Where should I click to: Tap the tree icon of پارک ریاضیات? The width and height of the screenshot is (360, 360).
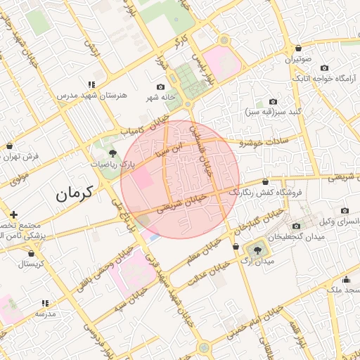click(x=112, y=153)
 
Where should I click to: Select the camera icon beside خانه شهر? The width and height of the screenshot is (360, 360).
click(x=160, y=86)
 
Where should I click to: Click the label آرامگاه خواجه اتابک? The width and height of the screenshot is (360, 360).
click(x=326, y=78)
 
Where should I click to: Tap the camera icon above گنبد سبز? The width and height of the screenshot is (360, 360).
click(x=273, y=101)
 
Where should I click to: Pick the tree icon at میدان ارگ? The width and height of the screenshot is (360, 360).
click(x=255, y=249)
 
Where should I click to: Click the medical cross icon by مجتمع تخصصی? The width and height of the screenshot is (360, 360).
click(x=13, y=214)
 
